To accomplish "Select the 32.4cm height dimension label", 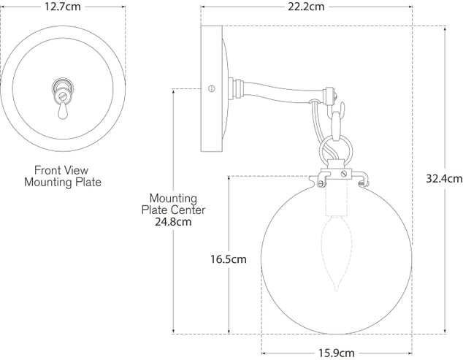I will pos(444,177).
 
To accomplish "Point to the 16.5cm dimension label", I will pos(228,258).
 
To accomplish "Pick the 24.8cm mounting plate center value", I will pos(173,222).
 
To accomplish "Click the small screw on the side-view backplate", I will pos(212,89).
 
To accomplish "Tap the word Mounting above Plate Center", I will pos(173,198).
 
